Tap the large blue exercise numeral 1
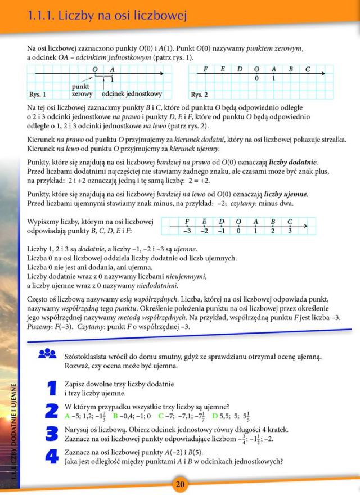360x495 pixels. click(52, 388)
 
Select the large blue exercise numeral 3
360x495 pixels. click(52, 434)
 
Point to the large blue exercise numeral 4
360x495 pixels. click(52, 456)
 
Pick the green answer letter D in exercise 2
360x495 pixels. click(214, 416)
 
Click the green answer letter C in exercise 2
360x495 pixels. click(160, 416)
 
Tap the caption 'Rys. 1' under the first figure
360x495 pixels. click(38, 94)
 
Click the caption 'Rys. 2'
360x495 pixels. click(200, 94)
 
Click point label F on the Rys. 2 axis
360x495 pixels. click(206, 69)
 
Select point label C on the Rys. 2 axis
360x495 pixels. click(307, 69)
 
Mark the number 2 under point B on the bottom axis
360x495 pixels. click(272, 230)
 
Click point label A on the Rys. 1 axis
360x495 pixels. click(112, 69)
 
